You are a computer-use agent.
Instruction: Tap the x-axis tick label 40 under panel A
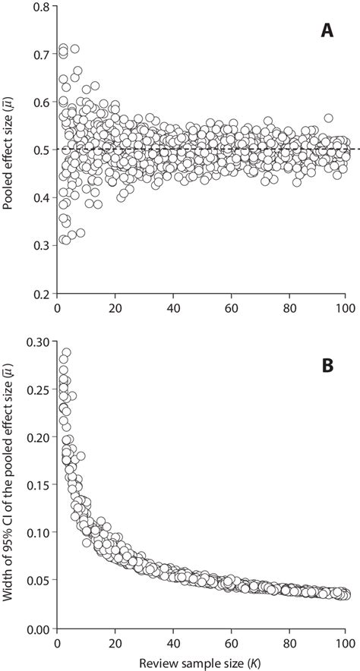click(173, 309)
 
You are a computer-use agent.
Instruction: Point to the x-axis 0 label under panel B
click(58, 644)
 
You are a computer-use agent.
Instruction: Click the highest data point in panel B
click(66, 353)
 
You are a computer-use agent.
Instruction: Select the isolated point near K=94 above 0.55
click(329, 118)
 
